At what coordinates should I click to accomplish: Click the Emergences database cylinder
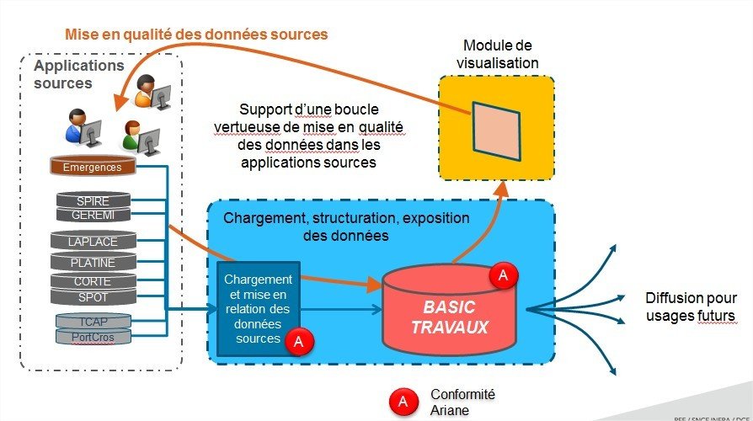tap(93, 167)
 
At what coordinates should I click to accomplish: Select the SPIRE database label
tap(93, 201)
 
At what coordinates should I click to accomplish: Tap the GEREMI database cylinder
tap(93, 215)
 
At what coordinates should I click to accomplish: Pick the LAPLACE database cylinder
tap(93, 242)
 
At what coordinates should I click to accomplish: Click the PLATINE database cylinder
tap(93, 262)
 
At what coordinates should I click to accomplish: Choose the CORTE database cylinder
tap(93, 282)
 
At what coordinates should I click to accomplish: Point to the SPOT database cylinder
tap(93, 296)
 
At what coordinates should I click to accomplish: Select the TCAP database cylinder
tap(93, 321)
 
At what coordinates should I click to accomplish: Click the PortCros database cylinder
tap(93, 336)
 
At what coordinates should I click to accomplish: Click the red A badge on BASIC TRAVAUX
tap(504, 276)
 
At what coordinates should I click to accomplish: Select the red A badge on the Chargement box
tap(298, 342)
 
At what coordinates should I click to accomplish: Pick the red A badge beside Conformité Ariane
tap(403, 402)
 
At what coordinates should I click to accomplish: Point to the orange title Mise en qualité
tap(196, 35)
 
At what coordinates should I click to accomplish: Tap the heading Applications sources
tap(78, 74)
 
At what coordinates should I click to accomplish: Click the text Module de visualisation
tap(497, 54)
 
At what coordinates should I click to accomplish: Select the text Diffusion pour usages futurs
tap(690, 307)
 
